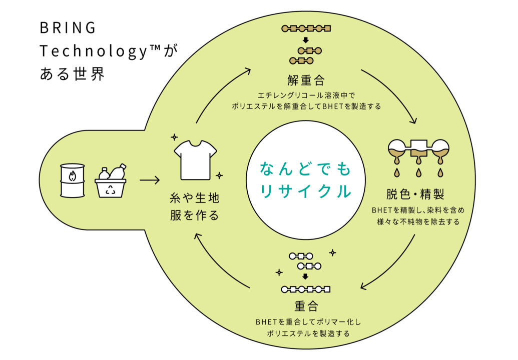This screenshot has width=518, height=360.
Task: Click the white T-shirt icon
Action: [x=195, y=159]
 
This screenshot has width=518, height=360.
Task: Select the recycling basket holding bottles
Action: [x=111, y=183]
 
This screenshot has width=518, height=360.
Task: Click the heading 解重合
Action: [x=306, y=80]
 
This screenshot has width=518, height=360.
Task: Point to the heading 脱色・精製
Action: [x=415, y=194]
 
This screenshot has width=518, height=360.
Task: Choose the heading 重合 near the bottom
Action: [x=306, y=305]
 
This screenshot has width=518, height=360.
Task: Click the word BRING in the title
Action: [x=68, y=28]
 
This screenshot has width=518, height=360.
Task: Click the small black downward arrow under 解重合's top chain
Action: [x=306, y=39]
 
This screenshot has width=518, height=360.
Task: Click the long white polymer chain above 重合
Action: [x=306, y=289]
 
